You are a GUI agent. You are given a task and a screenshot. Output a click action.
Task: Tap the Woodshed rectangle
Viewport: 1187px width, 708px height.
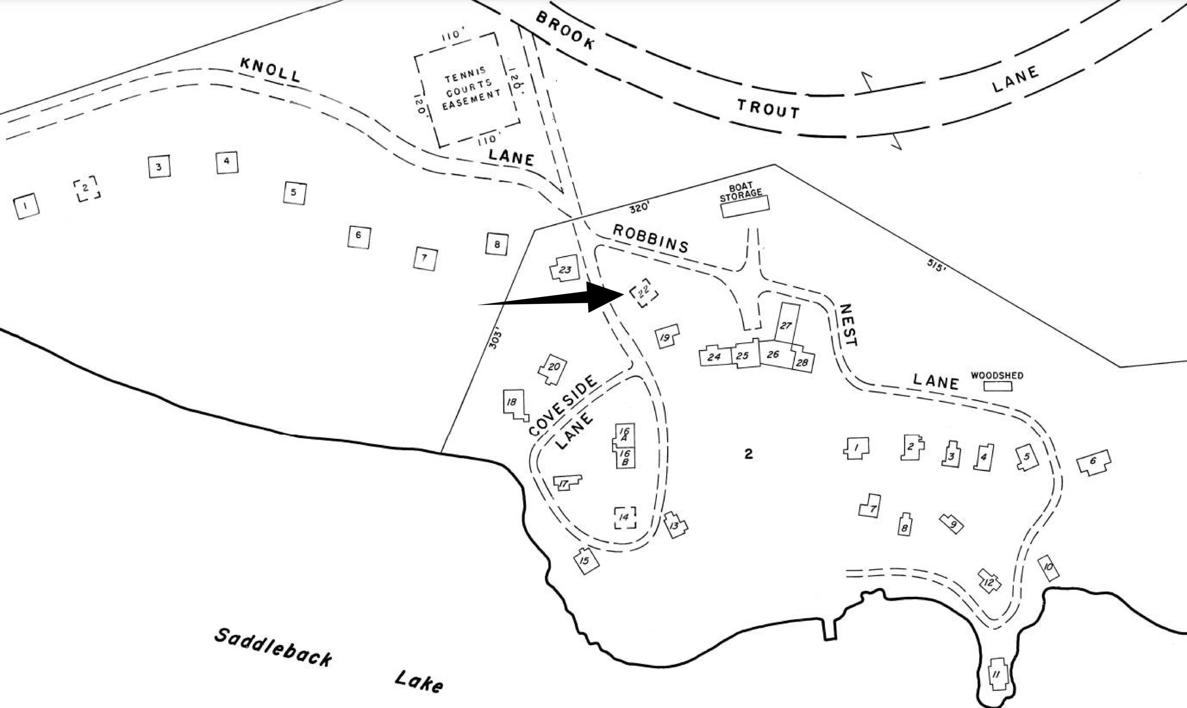tap(997, 386)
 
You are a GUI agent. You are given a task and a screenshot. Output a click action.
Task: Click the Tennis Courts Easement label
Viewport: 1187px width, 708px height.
tap(469, 89)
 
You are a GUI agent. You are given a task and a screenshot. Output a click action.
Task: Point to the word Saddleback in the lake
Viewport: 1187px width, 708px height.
tap(273, 647)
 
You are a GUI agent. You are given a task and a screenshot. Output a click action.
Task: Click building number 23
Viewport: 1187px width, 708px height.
tap(565, 270)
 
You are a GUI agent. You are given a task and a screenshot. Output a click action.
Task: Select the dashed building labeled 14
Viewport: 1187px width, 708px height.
tap(625, 517)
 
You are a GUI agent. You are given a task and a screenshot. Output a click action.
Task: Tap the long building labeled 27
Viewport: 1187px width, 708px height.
tap(786, 325)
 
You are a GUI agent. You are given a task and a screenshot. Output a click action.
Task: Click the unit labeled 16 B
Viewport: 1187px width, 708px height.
tap(625, 457)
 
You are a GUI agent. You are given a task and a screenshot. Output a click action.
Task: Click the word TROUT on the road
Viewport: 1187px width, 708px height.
tap(768, 109)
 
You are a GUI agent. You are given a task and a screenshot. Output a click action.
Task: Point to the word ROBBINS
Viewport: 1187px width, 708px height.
tap(650, 239)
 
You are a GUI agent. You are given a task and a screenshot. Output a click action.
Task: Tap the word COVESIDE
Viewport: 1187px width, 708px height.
tap(563, 406)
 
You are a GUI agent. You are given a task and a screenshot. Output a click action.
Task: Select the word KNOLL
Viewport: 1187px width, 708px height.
tap(270, 70)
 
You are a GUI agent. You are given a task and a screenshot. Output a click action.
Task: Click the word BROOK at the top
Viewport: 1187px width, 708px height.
tap(565, 30)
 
